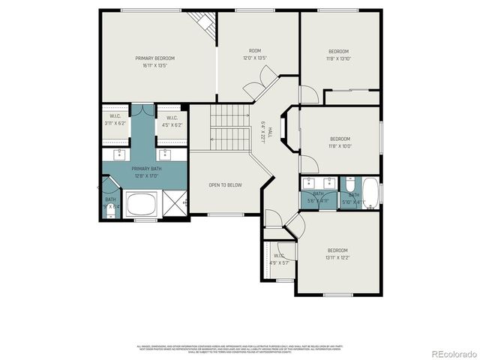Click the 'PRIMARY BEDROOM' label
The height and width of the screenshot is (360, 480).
[155, 61]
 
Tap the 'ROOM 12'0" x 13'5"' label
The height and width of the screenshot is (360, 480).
[254, 55]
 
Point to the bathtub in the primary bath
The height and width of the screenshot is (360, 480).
[140, 204]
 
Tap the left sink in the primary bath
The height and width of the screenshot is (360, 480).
[120, 154]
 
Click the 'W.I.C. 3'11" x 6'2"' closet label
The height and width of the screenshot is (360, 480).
[115, 120]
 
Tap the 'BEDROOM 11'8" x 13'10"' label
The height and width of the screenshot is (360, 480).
[339, 55]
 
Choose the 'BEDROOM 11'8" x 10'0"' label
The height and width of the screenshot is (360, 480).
[340, 142]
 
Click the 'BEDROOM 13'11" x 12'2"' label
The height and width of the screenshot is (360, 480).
[337, 253]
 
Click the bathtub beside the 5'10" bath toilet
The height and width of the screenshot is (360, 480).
[371, 190]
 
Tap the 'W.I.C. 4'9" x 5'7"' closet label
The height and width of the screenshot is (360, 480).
[279, 259]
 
